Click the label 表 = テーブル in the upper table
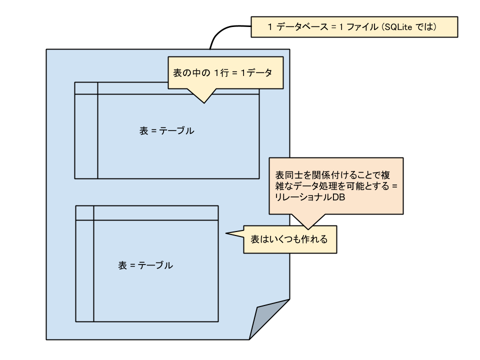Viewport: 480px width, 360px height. [x=166, y=131]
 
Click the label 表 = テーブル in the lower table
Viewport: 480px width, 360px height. [x=145, y=265]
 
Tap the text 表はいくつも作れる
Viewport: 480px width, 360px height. [x=289, y=239]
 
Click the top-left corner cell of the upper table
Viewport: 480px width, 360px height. [x=86, y=88]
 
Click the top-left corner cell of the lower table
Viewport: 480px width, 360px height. [x=84, y=212]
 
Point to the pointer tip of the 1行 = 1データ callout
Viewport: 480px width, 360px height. [x=203, y=102]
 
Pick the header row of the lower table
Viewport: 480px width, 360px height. [x=155, y=212]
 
